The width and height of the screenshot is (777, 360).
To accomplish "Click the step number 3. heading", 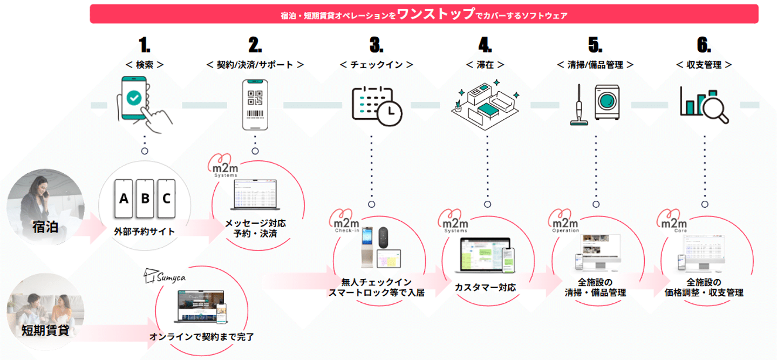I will pyautogui.click(x=377, y=45).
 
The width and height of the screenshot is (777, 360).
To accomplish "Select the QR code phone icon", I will pyautogui.click(x=255, y=104).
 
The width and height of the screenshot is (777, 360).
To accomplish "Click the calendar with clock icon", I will pyautogui.click(x=376, y=105).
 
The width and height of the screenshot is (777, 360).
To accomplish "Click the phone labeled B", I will pyautogui.click(x=145, y=199).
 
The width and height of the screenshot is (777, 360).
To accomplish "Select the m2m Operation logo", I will pyautogui.click(x=564, y=222).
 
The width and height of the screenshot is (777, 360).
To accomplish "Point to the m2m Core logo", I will pyautogui.click(x=672, y=222).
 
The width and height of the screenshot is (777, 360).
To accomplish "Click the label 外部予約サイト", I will pyautogui.click(x=145, y=232).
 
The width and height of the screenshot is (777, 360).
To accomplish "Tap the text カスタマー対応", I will pyautogui.click(x=485, y=287).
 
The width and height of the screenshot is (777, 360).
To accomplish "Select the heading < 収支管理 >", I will pyautogui.click(x=704, y=65).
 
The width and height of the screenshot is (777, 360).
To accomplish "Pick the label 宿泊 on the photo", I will pyautogui.click(x=45, y=228).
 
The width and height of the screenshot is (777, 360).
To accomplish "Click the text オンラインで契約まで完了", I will pyautogui.click(x=201, y=337).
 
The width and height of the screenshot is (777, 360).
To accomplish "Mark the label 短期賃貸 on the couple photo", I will pyautogui.click(x=45, y=330).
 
